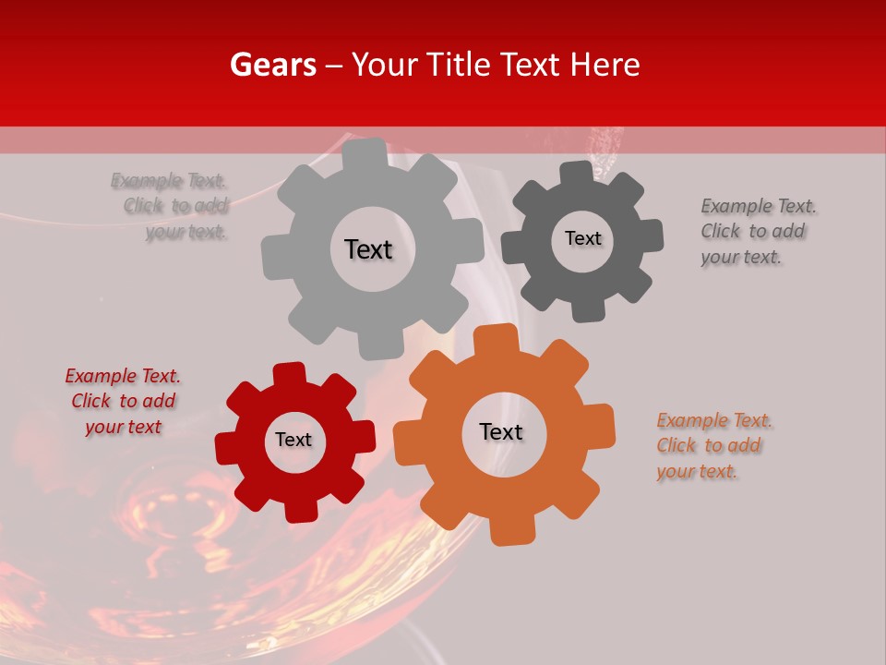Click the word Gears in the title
tap(273, 65)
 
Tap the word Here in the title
tap(605, 65)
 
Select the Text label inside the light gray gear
tap(368, 249)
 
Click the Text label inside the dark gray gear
tap(582, 238)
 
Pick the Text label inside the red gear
tap(293, 440)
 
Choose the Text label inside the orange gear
tap(501, 431)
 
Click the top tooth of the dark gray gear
tap(577, 173)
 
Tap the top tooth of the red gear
tap(289, 373)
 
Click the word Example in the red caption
tap(98, 376)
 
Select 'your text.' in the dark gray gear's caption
tap(741, 258)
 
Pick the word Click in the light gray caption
tap(144, 206)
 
